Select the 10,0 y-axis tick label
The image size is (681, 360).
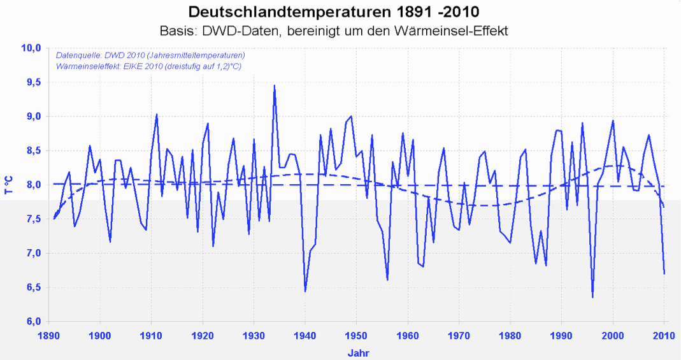click(x=31, y=48)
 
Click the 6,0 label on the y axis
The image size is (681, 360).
click(x=32, y=321)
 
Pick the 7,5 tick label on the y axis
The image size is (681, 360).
click(x=32, y=219)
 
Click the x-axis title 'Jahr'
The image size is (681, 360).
click(x=357, y=352)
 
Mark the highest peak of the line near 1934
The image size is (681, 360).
click(x=275, y=85)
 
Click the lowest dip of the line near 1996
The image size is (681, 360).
click(x=592, y=297)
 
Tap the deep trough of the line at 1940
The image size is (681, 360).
click(x=305, y=291)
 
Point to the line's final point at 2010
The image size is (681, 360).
click(x=664, y=273)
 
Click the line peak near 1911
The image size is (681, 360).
click(x=157, y=115)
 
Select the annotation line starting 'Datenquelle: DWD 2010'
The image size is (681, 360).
click(x=150, y=55)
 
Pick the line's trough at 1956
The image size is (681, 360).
click(x=387, y=279)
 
